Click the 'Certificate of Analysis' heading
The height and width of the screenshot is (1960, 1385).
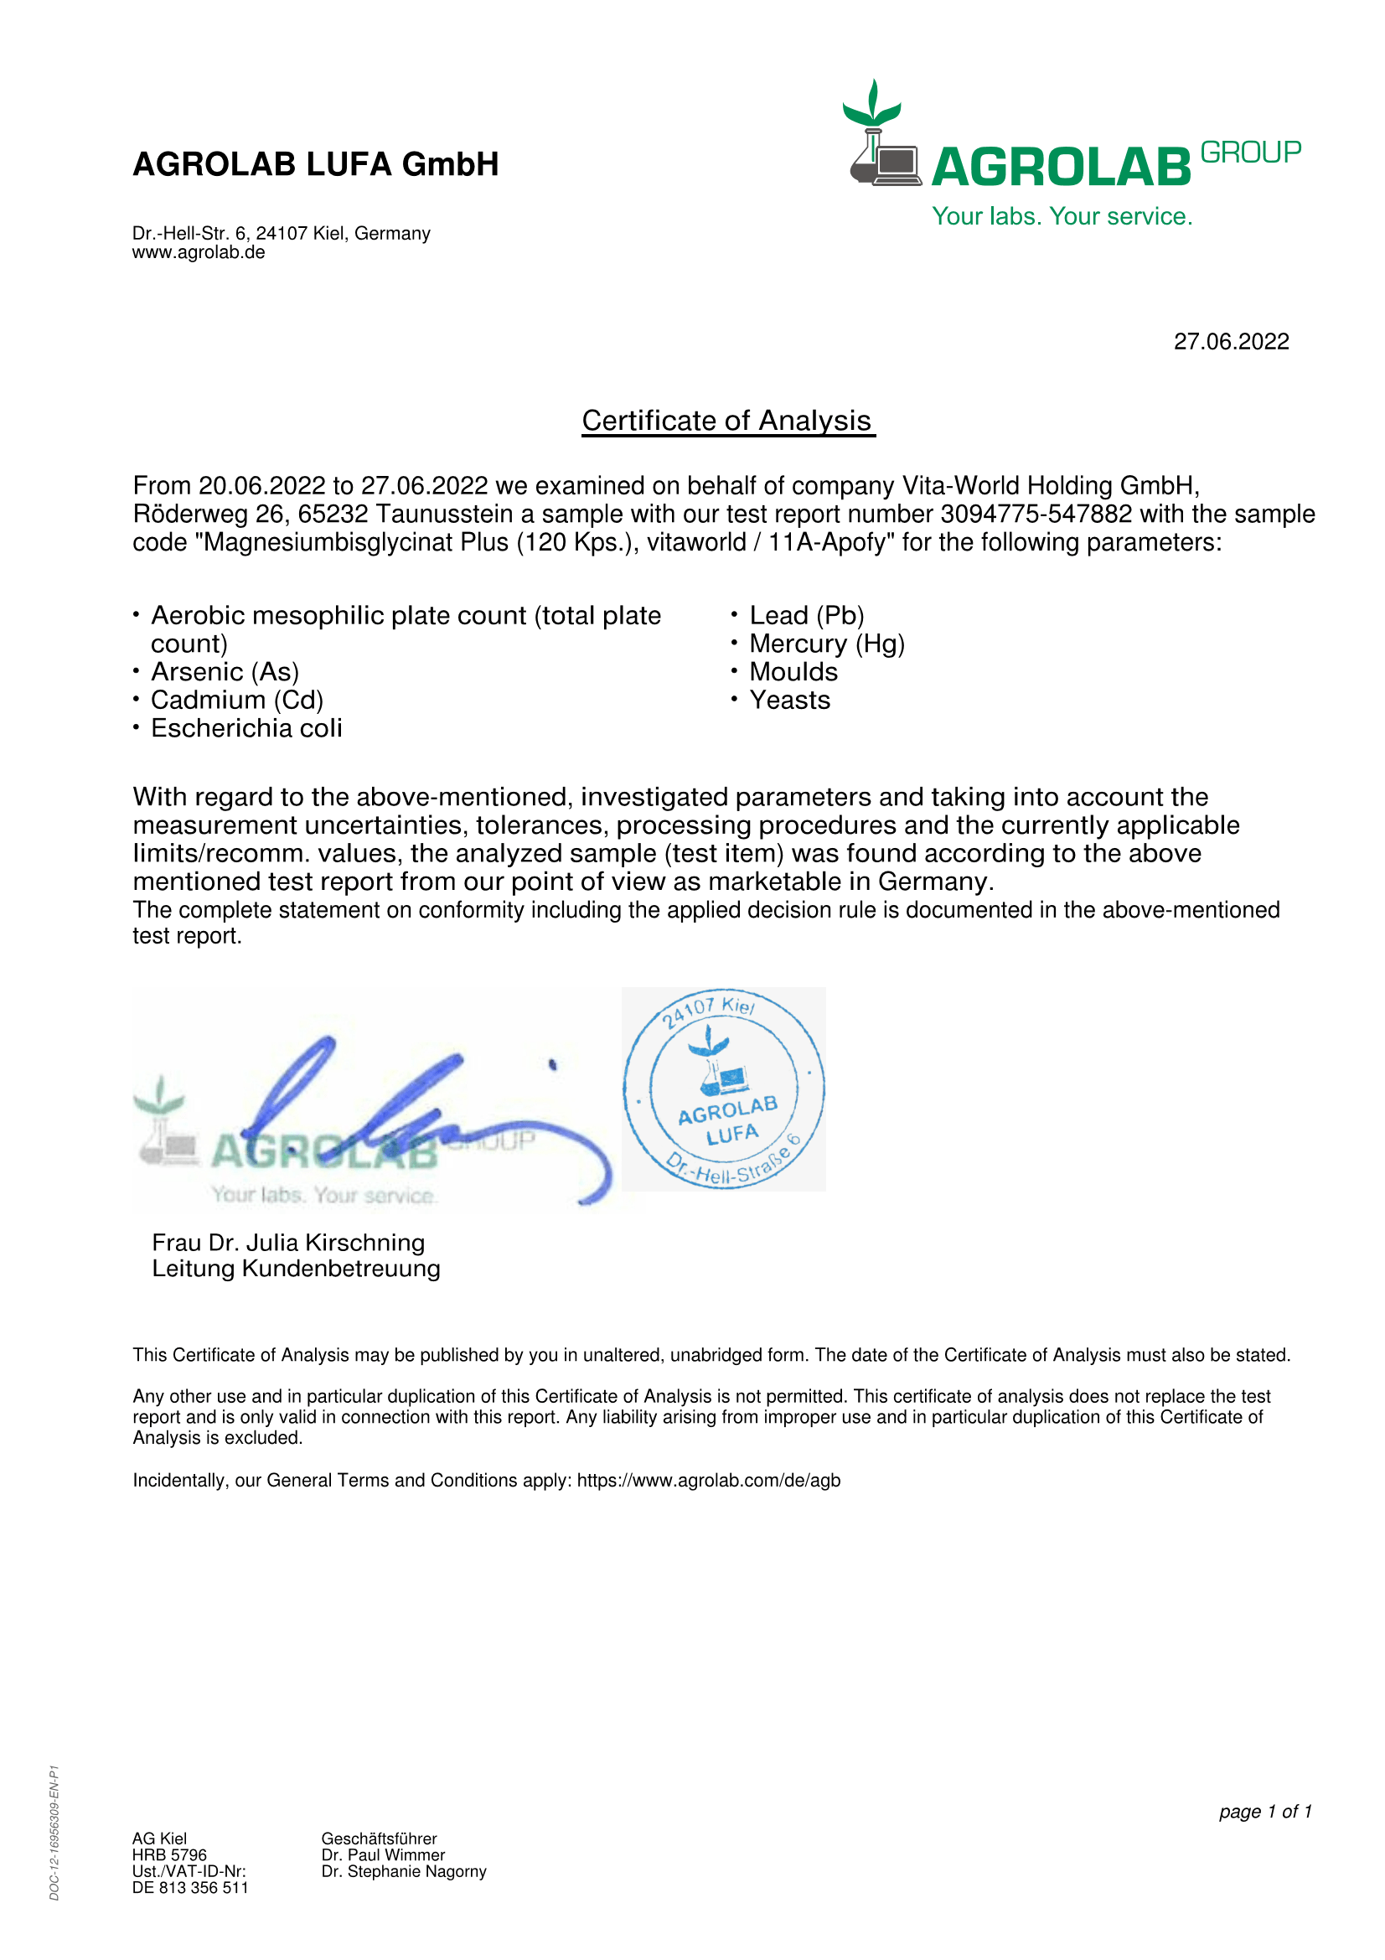point(727,421)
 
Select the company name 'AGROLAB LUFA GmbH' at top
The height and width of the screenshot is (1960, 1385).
point(316,164)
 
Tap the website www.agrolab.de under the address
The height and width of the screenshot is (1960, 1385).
point(198,253)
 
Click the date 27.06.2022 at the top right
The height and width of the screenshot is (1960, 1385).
point(1231,341)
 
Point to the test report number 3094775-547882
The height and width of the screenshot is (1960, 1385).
point(1036,514)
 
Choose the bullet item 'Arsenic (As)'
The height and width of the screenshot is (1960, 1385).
point(225,672)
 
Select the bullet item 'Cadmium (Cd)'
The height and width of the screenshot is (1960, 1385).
point(237,700)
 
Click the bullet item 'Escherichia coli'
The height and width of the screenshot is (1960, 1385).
point(246,728)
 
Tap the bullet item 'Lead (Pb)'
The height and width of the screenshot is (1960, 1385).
point(806,616)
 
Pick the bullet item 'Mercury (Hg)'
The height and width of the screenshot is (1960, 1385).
point(827,644)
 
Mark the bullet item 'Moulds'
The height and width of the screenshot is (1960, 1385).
point(793,672)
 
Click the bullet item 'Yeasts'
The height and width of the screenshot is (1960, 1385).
point(789,700)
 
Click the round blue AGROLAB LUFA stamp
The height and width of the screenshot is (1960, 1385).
point(724,1089)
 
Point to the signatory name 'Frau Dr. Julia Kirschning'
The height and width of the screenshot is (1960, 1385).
point(288,1242)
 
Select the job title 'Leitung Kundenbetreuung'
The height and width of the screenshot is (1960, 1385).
point(296,1269)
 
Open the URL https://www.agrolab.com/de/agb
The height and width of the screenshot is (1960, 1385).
point(708,1480)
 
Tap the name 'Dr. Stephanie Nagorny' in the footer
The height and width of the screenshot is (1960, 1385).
point(404,1871)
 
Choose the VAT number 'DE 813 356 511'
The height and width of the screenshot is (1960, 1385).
point(190,1887)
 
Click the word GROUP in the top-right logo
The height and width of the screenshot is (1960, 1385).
point(1250,153)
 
